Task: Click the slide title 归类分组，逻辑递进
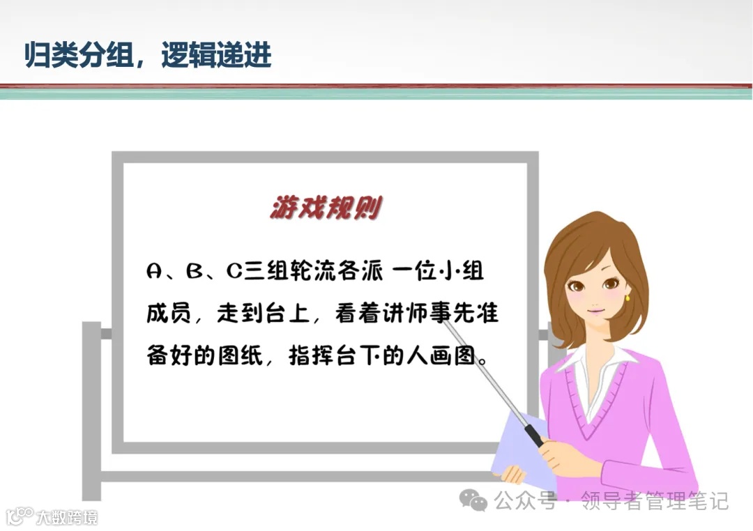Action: pos(148,55)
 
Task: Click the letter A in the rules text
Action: pos(155,272)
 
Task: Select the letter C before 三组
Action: pos(234,272)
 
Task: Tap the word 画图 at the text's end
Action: pos(457,355)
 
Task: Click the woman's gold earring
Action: pos(627,298)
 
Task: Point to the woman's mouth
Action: pos(594,310)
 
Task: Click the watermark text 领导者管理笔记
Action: pos(655,500)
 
